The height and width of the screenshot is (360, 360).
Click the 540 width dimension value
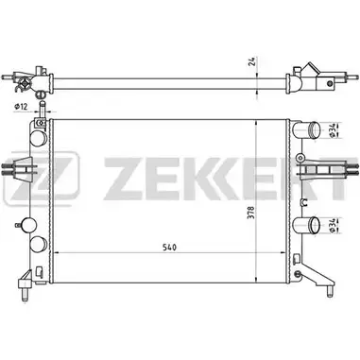[x=170, y=248]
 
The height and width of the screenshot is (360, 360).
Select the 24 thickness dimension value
[x=251, y=61]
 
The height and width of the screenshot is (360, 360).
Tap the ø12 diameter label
[x=21, y=107]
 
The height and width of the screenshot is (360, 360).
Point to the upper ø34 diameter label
[x=332, y=129]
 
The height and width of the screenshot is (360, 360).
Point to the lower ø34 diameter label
[x=332, y=225]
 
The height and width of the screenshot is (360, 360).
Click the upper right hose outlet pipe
[x=306, y=130]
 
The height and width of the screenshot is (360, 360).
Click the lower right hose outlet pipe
[x=306, y=225]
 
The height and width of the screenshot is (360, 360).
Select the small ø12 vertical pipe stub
[x=42, y=109]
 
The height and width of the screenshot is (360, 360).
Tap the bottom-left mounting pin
[x=26, y=294]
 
